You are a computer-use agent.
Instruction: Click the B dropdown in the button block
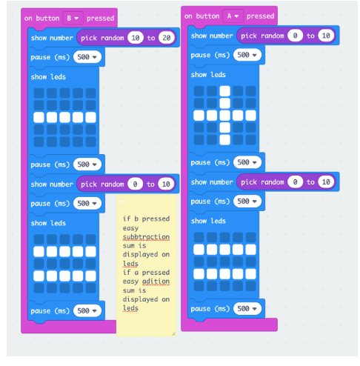[73, 19]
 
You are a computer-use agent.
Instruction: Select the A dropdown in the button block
[233, 16]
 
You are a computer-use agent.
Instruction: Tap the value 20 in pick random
[167, 38]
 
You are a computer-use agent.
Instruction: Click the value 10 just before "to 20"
[136, 38]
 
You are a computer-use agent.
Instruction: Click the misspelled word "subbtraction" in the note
[146, 237]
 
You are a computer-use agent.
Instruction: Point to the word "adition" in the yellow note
[156, 282]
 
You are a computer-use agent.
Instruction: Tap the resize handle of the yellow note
[173, 333]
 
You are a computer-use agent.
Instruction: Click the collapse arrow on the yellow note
[121, 202]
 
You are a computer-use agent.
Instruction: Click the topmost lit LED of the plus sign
[224, 91]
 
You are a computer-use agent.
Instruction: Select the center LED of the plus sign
[224, 116]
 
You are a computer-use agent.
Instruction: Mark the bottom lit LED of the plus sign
[224, 139]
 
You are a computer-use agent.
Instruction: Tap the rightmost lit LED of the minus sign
[90, 117]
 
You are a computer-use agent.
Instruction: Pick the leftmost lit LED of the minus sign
[39, 117]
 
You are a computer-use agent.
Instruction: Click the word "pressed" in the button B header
[100, 19]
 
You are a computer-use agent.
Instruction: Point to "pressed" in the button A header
[260, 16]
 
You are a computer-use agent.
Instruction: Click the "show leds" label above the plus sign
[208, 75]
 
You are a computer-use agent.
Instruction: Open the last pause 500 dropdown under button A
[247, 308]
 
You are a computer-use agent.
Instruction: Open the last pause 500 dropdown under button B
[87, 310]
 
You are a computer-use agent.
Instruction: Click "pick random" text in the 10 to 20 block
[102, 38]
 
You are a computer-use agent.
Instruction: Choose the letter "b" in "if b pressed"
[136, 219]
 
